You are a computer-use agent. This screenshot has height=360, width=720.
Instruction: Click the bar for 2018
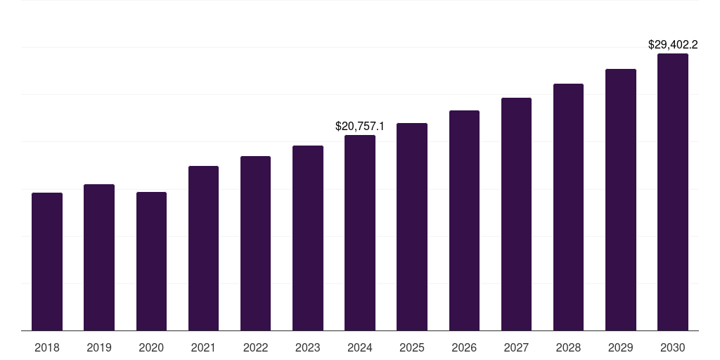click(47, 262)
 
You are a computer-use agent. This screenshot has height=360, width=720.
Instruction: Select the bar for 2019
click(99, 257)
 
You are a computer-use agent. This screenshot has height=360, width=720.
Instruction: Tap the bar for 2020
click(152, 262)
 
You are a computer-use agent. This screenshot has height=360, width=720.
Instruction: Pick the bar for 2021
click(203, 248)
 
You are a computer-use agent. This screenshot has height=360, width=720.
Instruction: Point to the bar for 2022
click(255, 243)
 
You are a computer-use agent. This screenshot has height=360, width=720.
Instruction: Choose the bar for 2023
click(308, 238)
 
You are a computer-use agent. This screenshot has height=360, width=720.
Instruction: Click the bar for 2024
click(360, 233)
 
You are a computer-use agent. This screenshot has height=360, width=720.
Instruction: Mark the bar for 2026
click(464, 220)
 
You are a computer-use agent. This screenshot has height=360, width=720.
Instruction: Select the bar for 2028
click(568, 207)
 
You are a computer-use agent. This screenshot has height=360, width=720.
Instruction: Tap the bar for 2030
click(673, 192)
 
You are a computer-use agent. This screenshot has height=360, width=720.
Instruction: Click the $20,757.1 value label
click(360, 127)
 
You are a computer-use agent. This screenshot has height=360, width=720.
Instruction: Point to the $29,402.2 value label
click(673, 44)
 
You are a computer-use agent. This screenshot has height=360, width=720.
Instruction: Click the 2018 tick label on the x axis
click(47, 347)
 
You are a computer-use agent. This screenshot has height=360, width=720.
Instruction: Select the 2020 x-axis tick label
click(152, 347)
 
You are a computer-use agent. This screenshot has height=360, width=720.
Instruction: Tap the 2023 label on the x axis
click(308, 347)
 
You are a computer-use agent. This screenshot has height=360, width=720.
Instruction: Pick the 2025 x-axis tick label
click(412, 347)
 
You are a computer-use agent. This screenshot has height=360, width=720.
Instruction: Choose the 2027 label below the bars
click(516, 347)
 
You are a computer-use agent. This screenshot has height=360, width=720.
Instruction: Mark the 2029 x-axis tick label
click(621, 347)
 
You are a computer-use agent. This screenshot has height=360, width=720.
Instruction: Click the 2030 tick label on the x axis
click(673, 347)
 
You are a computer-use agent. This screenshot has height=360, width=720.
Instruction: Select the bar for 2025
click(412, 227)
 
